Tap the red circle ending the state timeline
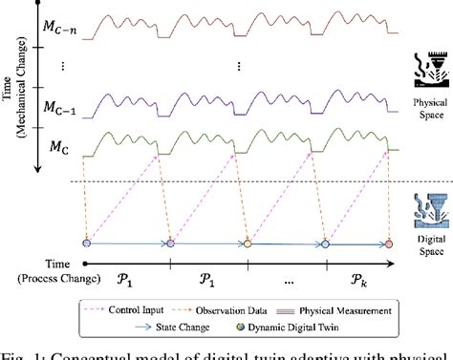pyautogui.click(x=388, y=244)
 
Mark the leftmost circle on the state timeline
pyautogui.click(x=86, y=244)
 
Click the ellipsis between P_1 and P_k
pyautogui.click(x=283, y=284)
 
